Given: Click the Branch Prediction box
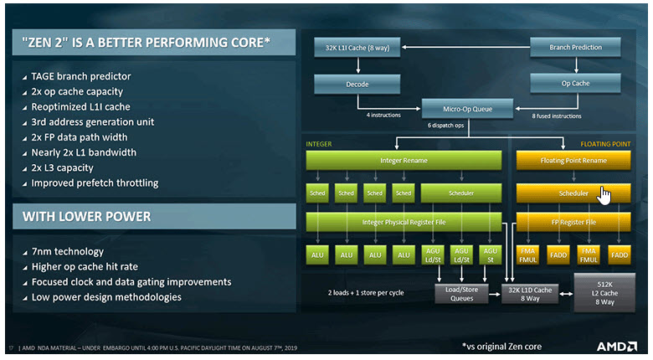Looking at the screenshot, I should click(x=575, y=48).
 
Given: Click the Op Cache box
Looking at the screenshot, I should click(x=575, y=84).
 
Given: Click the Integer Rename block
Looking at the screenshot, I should click(x=405, y=159).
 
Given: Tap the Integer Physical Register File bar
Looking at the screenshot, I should click(x=405, y=222).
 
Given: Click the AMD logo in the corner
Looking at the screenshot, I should click(x=618, y=345).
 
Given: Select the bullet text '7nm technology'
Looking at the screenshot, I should click(x=69, y=252).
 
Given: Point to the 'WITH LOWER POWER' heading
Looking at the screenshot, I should click(x=87, y=217).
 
